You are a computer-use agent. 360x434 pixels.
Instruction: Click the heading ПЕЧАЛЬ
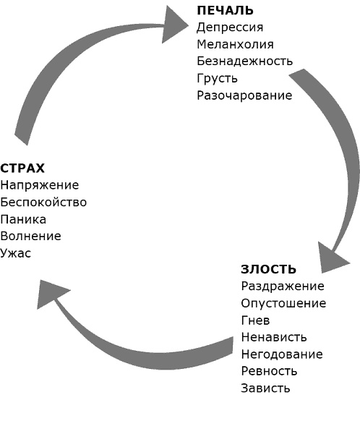[225, 10]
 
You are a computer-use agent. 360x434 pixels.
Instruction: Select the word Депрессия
[230, 27]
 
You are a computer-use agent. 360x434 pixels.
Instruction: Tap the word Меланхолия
[235, 44]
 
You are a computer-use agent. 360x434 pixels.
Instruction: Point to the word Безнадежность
[245, 61]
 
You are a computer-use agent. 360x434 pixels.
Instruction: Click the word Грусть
[217, 78]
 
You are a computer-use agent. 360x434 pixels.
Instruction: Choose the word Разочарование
[244, 95]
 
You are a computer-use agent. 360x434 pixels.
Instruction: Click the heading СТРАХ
[23, 169]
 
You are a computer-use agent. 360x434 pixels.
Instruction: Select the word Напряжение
[40, 185]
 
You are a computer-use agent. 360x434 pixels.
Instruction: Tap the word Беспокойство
[43, 202]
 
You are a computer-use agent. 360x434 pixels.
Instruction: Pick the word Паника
[24, 219]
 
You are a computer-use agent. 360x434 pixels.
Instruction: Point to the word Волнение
[31, 236]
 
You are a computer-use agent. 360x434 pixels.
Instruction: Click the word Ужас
[16, 253]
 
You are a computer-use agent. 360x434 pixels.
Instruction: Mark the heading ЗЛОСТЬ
[268, 270]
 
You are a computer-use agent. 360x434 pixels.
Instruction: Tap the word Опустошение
[283, 304]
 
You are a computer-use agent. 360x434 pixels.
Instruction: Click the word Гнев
[255, 320]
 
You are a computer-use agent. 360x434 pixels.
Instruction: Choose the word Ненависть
[274, 337]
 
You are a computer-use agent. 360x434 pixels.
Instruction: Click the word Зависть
[265, 388]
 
